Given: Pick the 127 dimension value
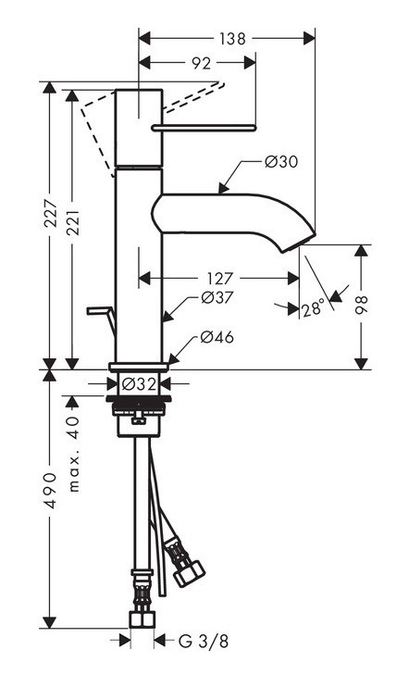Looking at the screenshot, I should pos(218,277).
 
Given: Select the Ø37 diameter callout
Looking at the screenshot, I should pos(217,298).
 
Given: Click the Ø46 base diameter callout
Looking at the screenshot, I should pos(216,337).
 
